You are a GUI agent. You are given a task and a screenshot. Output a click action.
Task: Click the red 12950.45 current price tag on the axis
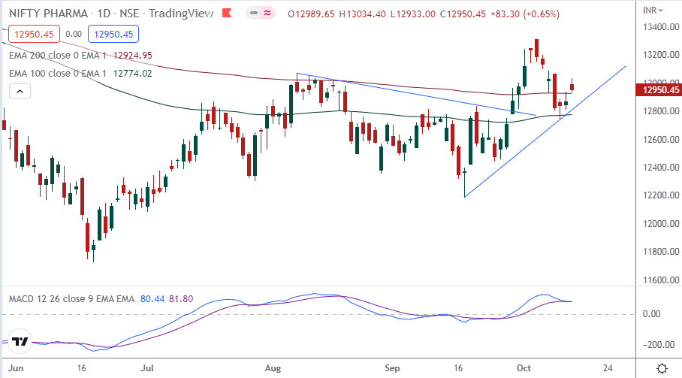click(658, 90)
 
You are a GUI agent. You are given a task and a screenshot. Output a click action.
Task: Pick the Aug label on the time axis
click(273, 368)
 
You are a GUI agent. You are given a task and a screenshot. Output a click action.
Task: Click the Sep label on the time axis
click(391, 368)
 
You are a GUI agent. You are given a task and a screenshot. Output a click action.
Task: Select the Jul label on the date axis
click(148, 368)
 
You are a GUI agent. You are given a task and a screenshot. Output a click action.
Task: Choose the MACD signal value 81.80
click(181, 299)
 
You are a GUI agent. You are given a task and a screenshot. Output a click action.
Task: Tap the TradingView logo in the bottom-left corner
click(20, 343)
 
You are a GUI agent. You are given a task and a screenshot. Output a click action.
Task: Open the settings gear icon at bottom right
click(662, 368)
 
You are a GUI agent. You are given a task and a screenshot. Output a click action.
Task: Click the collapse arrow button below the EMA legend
click(20, 92)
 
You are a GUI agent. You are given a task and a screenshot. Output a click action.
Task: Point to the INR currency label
click(651, 9)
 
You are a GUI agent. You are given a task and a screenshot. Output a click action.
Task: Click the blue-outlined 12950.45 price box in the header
click(112, 33)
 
